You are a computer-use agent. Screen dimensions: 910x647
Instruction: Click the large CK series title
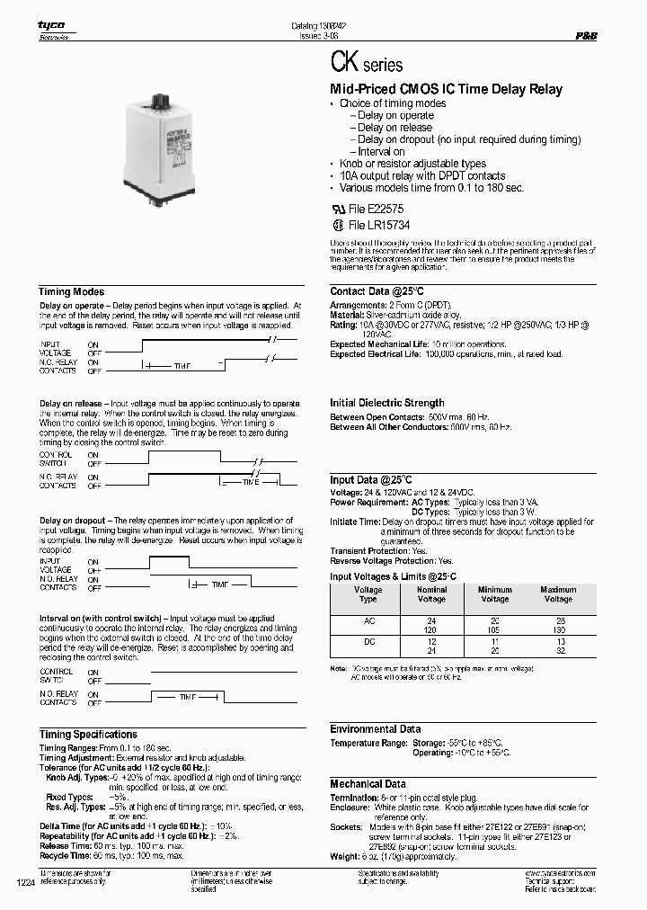(367, 64)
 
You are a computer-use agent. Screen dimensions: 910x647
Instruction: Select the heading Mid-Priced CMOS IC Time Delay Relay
(447, 89)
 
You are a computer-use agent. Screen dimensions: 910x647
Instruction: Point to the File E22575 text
(378, 208)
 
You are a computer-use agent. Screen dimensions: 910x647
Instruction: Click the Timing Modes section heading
(71, 292)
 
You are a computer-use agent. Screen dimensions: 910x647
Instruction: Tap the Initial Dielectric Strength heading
(386, 403)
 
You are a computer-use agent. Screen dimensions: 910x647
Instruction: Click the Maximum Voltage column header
(557, 594)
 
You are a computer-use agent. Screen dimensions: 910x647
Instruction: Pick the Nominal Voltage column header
(431, 594)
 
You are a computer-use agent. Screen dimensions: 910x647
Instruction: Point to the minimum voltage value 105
(494, 630)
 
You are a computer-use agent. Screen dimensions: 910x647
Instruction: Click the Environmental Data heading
(375, 729)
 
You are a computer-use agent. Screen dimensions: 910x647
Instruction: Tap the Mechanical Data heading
(368, 784)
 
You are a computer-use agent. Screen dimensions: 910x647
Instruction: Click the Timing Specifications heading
(87, 735)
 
